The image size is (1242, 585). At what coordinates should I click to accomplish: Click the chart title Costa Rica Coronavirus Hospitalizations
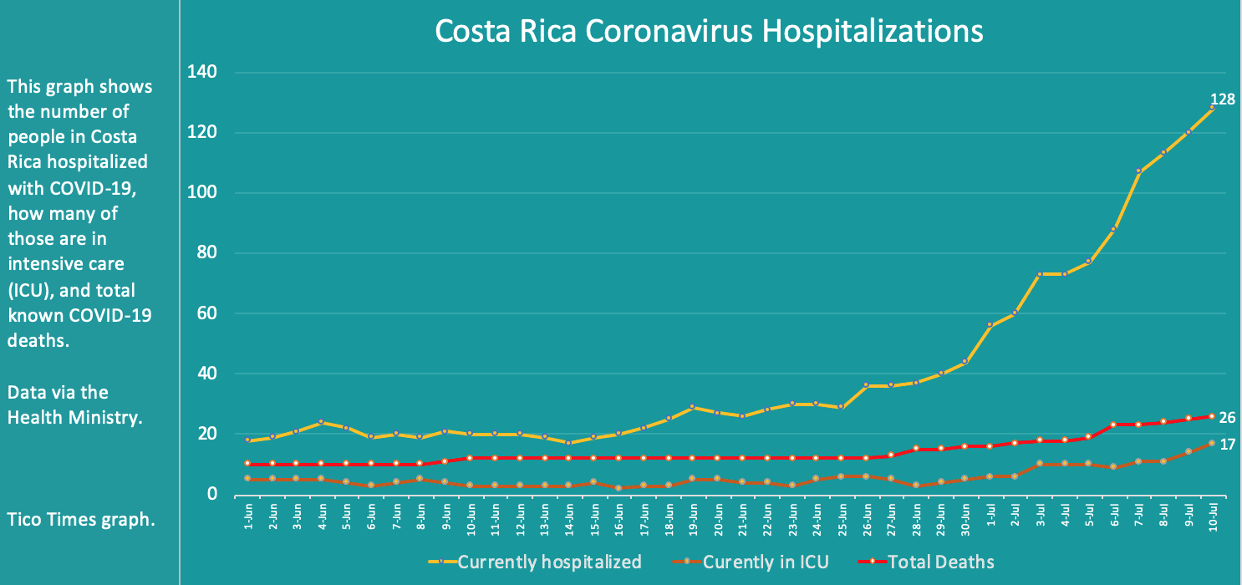click(x=709, y=31)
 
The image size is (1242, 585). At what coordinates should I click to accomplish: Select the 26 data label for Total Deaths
click(x=1227, y=418)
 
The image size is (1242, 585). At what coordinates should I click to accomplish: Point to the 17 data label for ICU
click(x=1227, y=445)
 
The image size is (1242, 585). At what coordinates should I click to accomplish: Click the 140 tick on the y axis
click(x=201, y=72)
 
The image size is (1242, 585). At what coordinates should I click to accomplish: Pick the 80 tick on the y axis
click(x=205, y=253)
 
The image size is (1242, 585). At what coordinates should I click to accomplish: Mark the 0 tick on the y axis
click(x=211, y=495)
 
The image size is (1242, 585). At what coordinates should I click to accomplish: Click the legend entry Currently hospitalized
click(x=548, y=562)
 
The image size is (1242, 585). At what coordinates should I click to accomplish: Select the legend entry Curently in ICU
click(x=766, y=562)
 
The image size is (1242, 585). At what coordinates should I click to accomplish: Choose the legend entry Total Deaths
click(x=940, y=562)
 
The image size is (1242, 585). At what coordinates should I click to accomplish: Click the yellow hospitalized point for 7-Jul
click(x=1138, y=171)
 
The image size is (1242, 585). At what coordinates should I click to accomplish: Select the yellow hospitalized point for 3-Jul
click(x=1040, y=274)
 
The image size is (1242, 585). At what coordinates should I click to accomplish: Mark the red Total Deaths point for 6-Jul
click(x=1113, y=425)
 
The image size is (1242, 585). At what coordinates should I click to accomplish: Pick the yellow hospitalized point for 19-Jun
click(x=693, y=407)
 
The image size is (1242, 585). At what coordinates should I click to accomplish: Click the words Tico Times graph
click(x=81, y=519)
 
